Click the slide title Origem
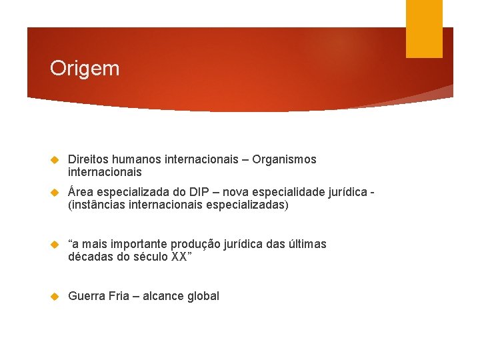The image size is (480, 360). (85, 69)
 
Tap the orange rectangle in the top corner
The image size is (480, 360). (424, 28)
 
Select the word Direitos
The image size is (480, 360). (88, 159)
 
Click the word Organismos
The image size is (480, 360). (285, 159)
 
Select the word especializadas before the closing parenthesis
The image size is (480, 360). (246, 205)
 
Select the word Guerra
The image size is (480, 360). (87, 296)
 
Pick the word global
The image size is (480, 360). (203, 296)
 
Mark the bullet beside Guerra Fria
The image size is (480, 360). (56, 296)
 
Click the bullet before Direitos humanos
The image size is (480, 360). (56, 160)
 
